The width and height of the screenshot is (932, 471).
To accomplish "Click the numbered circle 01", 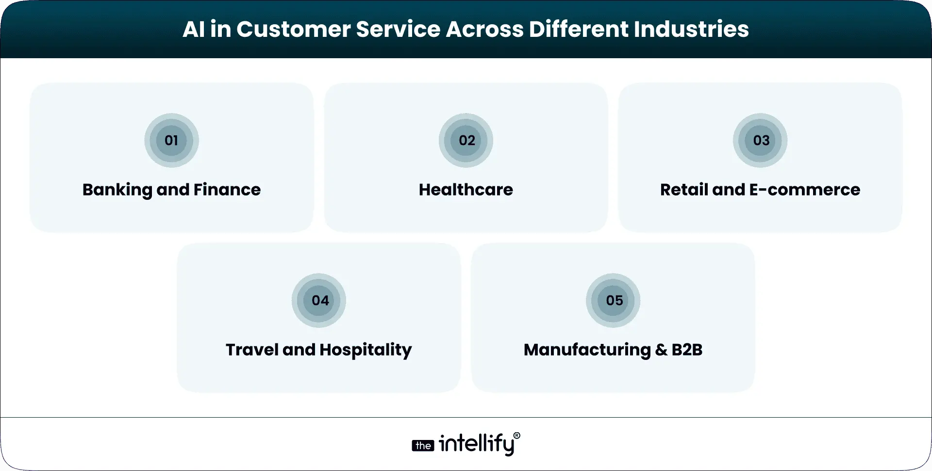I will click(x=171, y=141).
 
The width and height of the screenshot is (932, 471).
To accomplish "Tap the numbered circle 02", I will click(x=466, y=141).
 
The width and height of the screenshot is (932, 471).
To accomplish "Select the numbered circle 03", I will click(x=760, y=141).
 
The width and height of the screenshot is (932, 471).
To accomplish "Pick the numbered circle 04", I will click(x=319, y=301).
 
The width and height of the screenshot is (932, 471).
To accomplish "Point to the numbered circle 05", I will click(x=613, y=301).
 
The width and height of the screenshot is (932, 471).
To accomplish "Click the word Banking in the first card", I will click(x=117, y=190).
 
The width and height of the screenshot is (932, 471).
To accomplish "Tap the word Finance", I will click(x=227, y=190).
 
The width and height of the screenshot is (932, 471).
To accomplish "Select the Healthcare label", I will click(x=466, y=190).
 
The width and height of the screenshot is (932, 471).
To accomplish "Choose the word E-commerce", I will click(x=804, y=190).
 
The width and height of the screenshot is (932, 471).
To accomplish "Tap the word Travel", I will click(x=252, y=350).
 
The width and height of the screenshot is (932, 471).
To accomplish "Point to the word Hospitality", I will click(x=366, y=350).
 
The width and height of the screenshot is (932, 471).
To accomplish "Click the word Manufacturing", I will click(x=587, y=350).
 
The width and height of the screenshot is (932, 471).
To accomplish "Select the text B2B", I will click(x=687, y=350).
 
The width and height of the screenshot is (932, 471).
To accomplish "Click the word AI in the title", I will click(x=194, y=29).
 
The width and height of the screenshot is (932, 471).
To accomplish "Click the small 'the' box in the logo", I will click(x=423, y=446).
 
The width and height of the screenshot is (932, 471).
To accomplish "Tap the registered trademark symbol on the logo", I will click(x=516, y=436).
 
